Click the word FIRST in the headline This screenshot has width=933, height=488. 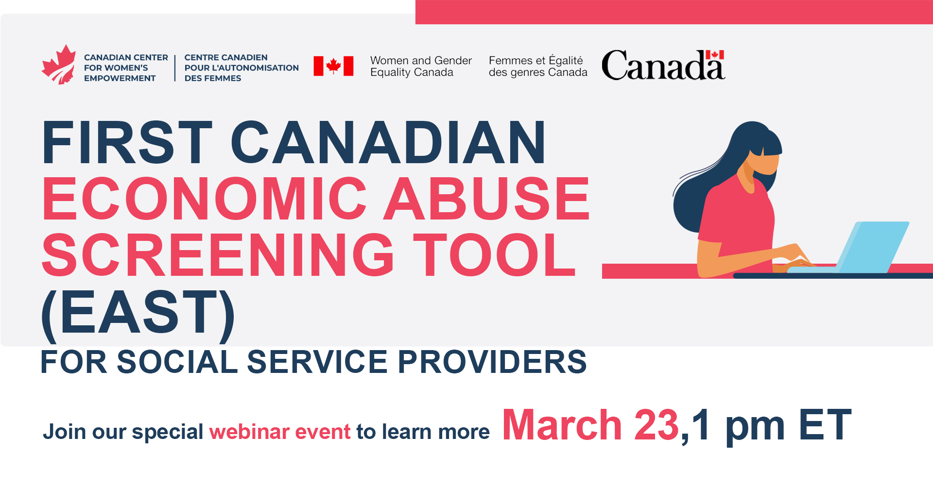[127, 142]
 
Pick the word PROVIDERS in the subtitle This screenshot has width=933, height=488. [492, 362]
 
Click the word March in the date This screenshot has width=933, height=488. [562, 425]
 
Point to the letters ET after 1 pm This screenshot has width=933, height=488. [825, 425]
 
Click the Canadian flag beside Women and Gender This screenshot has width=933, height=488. [333, 66]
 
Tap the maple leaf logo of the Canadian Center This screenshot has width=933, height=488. [59, 65]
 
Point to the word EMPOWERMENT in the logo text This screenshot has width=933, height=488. [120, 78]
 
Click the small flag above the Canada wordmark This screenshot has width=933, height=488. [715, 54]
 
